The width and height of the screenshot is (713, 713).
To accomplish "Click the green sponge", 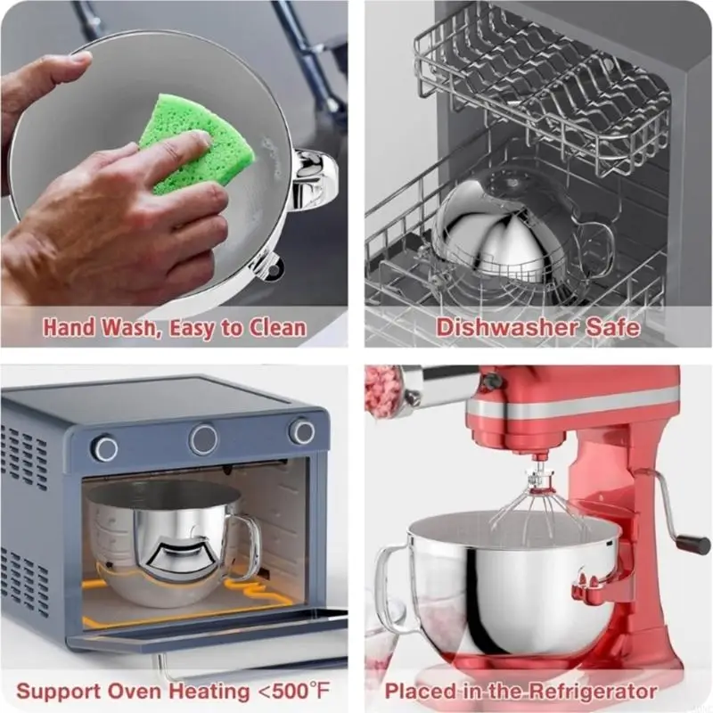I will pos(192,152).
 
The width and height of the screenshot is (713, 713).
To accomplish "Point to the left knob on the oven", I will pos(104,447).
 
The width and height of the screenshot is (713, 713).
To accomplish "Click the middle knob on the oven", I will pos(203,439).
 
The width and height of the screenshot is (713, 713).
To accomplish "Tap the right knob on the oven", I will pos(301,432).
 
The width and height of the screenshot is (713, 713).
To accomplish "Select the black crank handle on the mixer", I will pos(692,543).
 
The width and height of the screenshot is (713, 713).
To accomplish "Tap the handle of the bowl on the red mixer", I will pos(389,579).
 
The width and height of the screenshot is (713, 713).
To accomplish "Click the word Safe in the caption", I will pos(613,327).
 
